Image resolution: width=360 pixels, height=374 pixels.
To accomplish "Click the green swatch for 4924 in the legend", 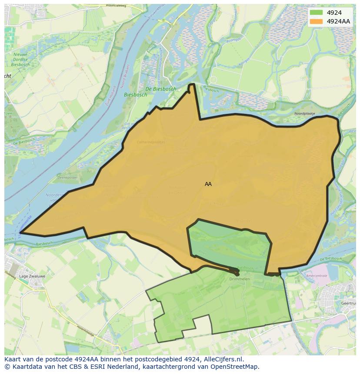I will pyautogui.click(x=316, y=13).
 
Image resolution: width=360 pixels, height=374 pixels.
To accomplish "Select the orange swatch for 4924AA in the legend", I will pyautogui.click(x=316, y=21).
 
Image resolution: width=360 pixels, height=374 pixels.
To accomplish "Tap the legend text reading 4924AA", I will pyautogui.click(x=338, y=21).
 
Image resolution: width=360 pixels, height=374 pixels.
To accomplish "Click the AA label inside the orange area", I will pyautogui.click(x=208, y=184).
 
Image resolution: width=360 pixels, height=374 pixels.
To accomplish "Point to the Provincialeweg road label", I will pyautogui.click(x=115, y=6).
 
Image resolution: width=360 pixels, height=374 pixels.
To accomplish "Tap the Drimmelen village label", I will pyautogui.click(x=239, y=279).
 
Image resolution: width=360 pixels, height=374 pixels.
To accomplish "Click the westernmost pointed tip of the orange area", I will pyautogui.click(x=20, y=233).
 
